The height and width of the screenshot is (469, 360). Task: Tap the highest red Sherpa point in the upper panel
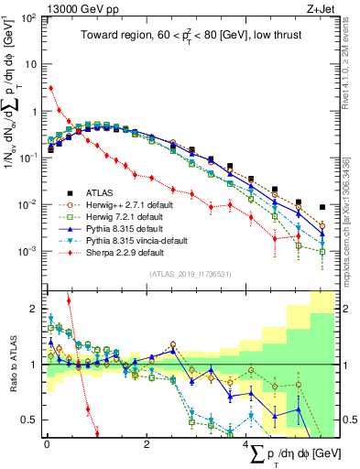50,88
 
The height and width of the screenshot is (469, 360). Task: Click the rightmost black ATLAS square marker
322,207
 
